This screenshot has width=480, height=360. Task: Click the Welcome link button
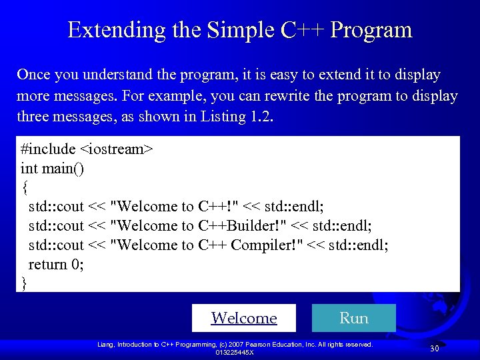[x=244, y=318]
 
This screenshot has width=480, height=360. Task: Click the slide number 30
[x=434, y=349]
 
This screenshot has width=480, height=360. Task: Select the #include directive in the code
[x=44, y=149]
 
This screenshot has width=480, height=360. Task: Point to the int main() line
[x=53, y=168]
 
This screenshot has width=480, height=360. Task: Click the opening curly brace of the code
[x=25, y=187]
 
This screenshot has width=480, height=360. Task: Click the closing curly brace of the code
[x=25, y=283]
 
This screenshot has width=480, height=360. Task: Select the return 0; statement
[x=57, y=264]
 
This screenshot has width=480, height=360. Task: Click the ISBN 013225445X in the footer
[x=234, y=352]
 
